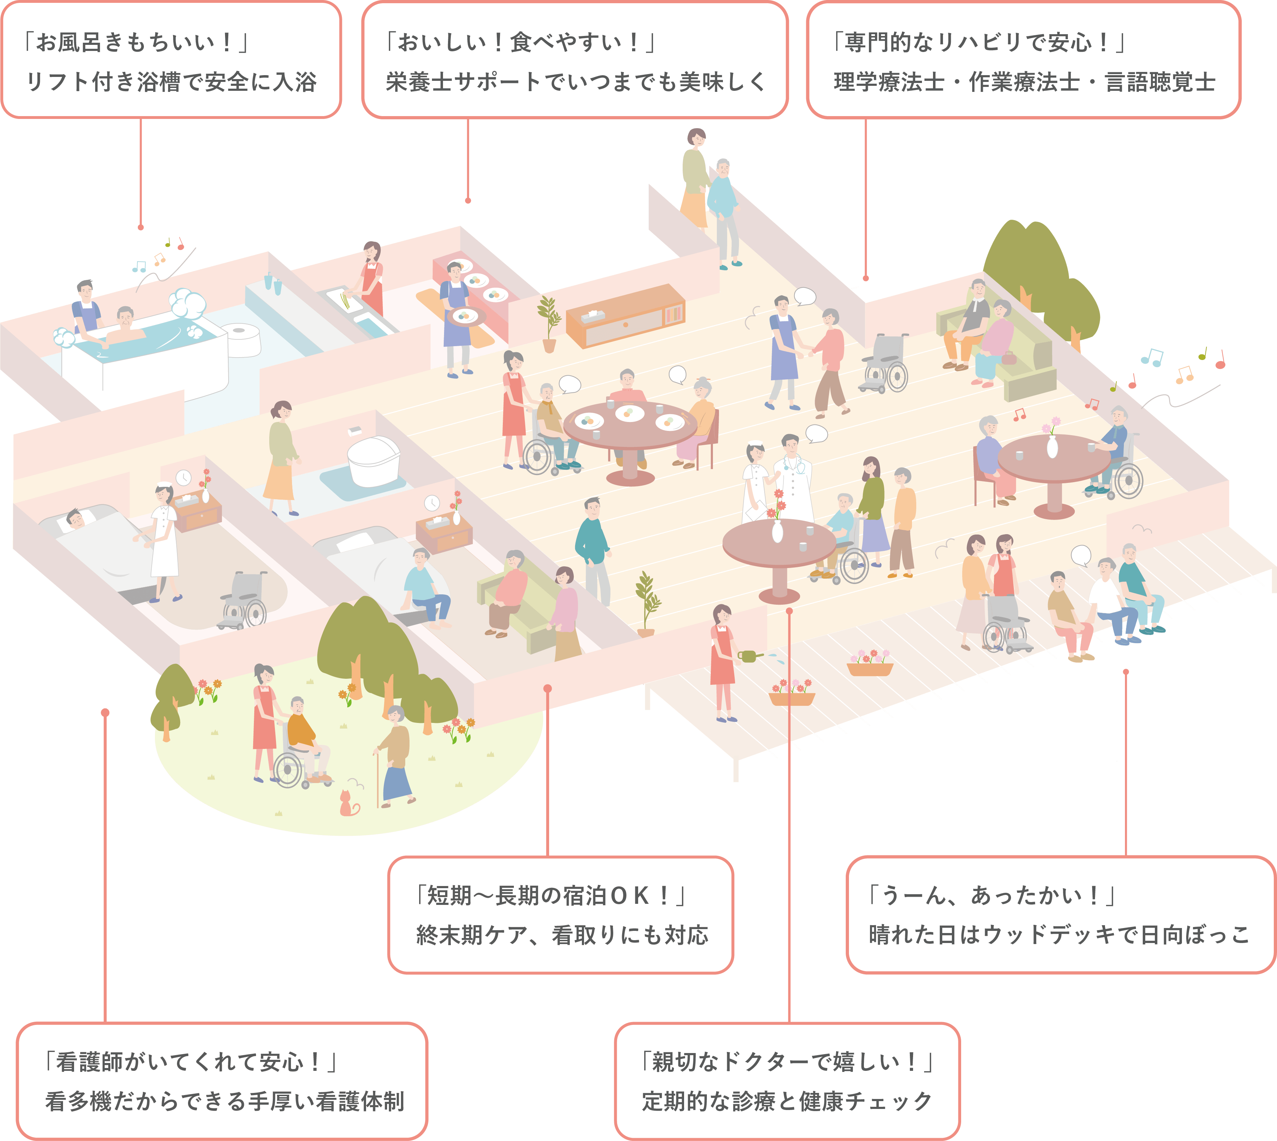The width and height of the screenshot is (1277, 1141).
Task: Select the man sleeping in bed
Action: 75,519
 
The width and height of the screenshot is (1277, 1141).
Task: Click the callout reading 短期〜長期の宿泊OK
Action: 561,915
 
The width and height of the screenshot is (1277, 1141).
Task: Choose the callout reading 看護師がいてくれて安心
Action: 222,1081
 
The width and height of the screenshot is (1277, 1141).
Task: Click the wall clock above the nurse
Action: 183,478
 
